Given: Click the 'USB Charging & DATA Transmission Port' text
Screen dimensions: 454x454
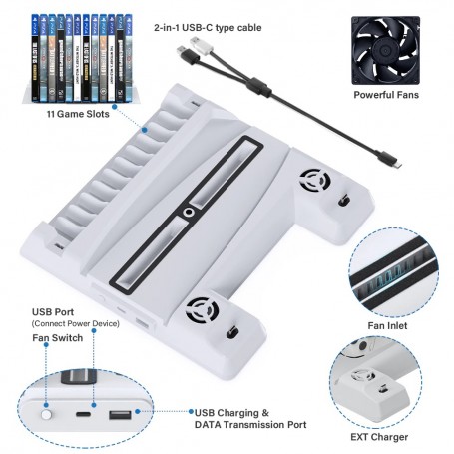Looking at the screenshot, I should point(248,417).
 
